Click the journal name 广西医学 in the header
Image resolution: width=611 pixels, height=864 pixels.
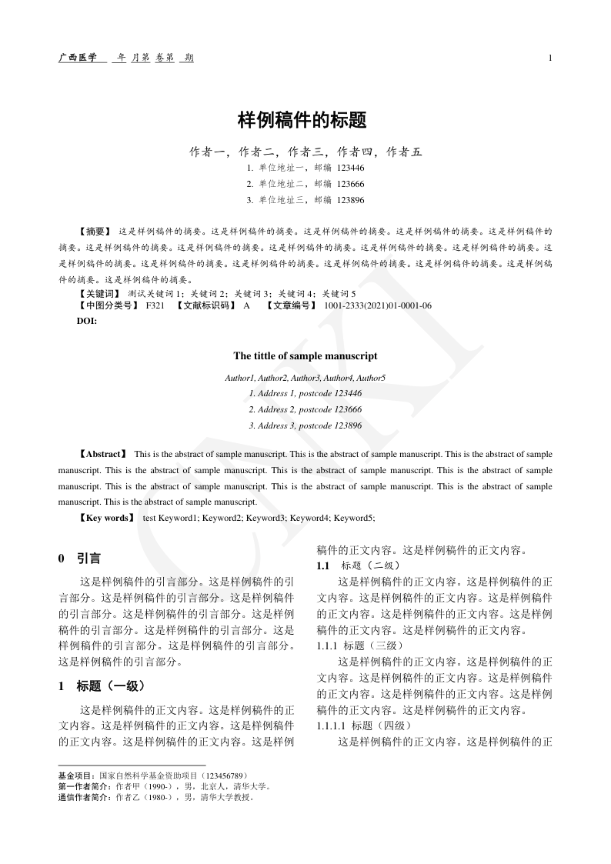point(78,58)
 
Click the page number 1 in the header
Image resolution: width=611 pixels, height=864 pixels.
point(550,58)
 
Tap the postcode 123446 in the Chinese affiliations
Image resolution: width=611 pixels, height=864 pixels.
point(350,168)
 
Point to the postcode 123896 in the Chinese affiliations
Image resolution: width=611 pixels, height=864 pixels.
point(350,200)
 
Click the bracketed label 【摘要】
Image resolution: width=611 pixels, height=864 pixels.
point(95,231)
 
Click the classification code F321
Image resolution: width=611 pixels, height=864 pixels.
point(155,305)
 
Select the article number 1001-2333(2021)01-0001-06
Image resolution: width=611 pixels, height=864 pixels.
point(378,305)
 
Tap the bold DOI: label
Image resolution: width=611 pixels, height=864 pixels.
point(87,319)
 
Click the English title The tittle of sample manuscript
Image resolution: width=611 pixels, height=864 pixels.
point(305,356)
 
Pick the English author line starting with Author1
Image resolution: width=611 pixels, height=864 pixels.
point(305,378)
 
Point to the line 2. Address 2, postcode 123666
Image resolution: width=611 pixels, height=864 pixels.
point(305,409)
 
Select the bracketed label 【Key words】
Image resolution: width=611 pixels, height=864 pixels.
point(106,518)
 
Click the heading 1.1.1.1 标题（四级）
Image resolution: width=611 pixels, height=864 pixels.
point(366,726)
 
